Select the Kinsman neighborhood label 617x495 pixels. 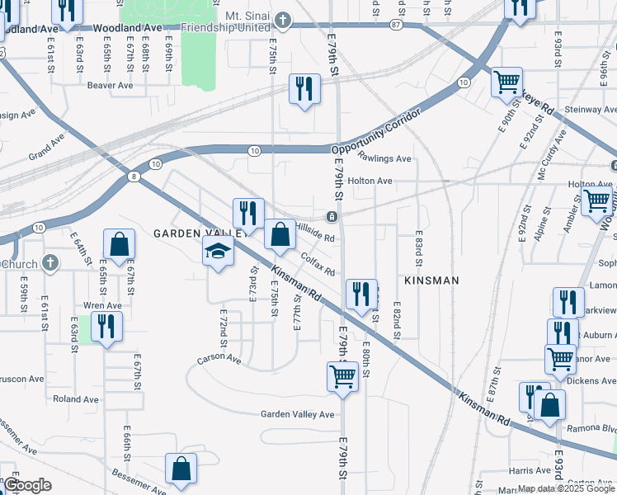coord(431,280)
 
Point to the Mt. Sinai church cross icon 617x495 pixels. coord(283,19)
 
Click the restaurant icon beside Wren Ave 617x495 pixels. coord(106,326)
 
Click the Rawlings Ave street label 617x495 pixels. coord(384,158)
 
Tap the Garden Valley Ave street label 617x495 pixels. coord(298,414)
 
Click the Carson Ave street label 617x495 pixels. coord(219,360)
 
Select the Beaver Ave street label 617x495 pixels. coord(110,85)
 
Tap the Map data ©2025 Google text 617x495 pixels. coord(566,488)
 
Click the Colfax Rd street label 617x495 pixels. coord(318,266)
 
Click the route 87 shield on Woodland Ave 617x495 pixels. coord(397,26)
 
